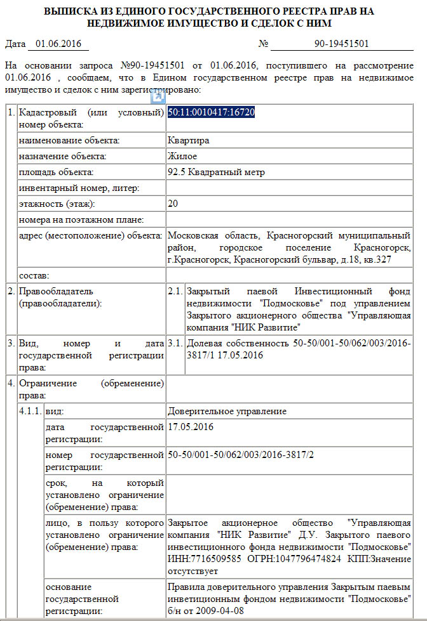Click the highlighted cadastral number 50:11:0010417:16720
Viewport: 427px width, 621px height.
[x=212, y=112]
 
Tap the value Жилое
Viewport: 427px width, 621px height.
[x=182, y=156]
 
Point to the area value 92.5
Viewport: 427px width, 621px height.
[x=175, y=172]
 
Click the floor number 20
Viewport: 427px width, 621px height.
[x=173, y=204]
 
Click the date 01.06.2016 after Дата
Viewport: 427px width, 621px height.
[x=58, y=44]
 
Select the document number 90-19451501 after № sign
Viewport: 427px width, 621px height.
[x=342, y=44]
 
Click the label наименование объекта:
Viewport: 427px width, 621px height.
[x=70, y=140]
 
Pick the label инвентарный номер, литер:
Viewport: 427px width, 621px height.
[x=79, y=188]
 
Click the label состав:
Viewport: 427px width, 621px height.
[x=35, y=275]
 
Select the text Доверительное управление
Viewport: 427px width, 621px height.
[x=227, y=411]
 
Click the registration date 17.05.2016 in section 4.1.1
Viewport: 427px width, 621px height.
[x=191, y=427]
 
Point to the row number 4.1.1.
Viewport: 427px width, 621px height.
[x=30, y=411]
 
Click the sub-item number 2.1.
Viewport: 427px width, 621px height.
[x=175, y=291]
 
